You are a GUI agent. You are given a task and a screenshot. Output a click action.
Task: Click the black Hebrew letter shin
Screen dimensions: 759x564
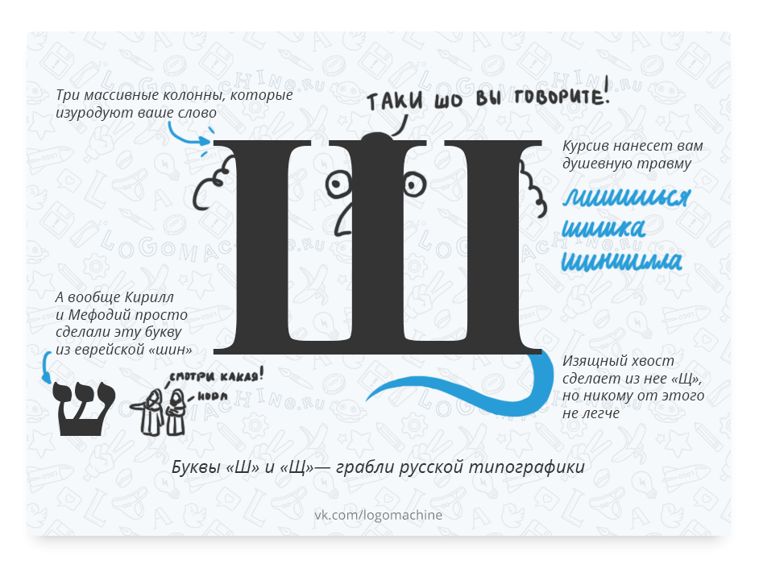pyautogui.click(x=84, y=408)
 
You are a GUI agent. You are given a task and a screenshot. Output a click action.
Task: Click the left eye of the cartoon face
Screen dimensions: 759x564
pyautogui.click(x=337, y=185)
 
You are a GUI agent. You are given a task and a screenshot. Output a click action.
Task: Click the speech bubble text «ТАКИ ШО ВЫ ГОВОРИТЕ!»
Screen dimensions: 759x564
pyautogui.click(x=488, y=99)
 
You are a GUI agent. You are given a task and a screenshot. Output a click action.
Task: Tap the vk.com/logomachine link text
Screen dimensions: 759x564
pyautogui.click(x=378, y=514)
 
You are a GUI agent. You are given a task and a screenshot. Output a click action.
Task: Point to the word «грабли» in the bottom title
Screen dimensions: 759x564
pyautogui.click(x=373, y=467)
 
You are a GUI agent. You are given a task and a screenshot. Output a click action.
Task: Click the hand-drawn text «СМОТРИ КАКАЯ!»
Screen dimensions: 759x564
pyautogui.click(x=217, y=375)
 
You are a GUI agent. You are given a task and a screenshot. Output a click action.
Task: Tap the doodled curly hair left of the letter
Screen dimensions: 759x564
pyautogui.click(x=209, y=181)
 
